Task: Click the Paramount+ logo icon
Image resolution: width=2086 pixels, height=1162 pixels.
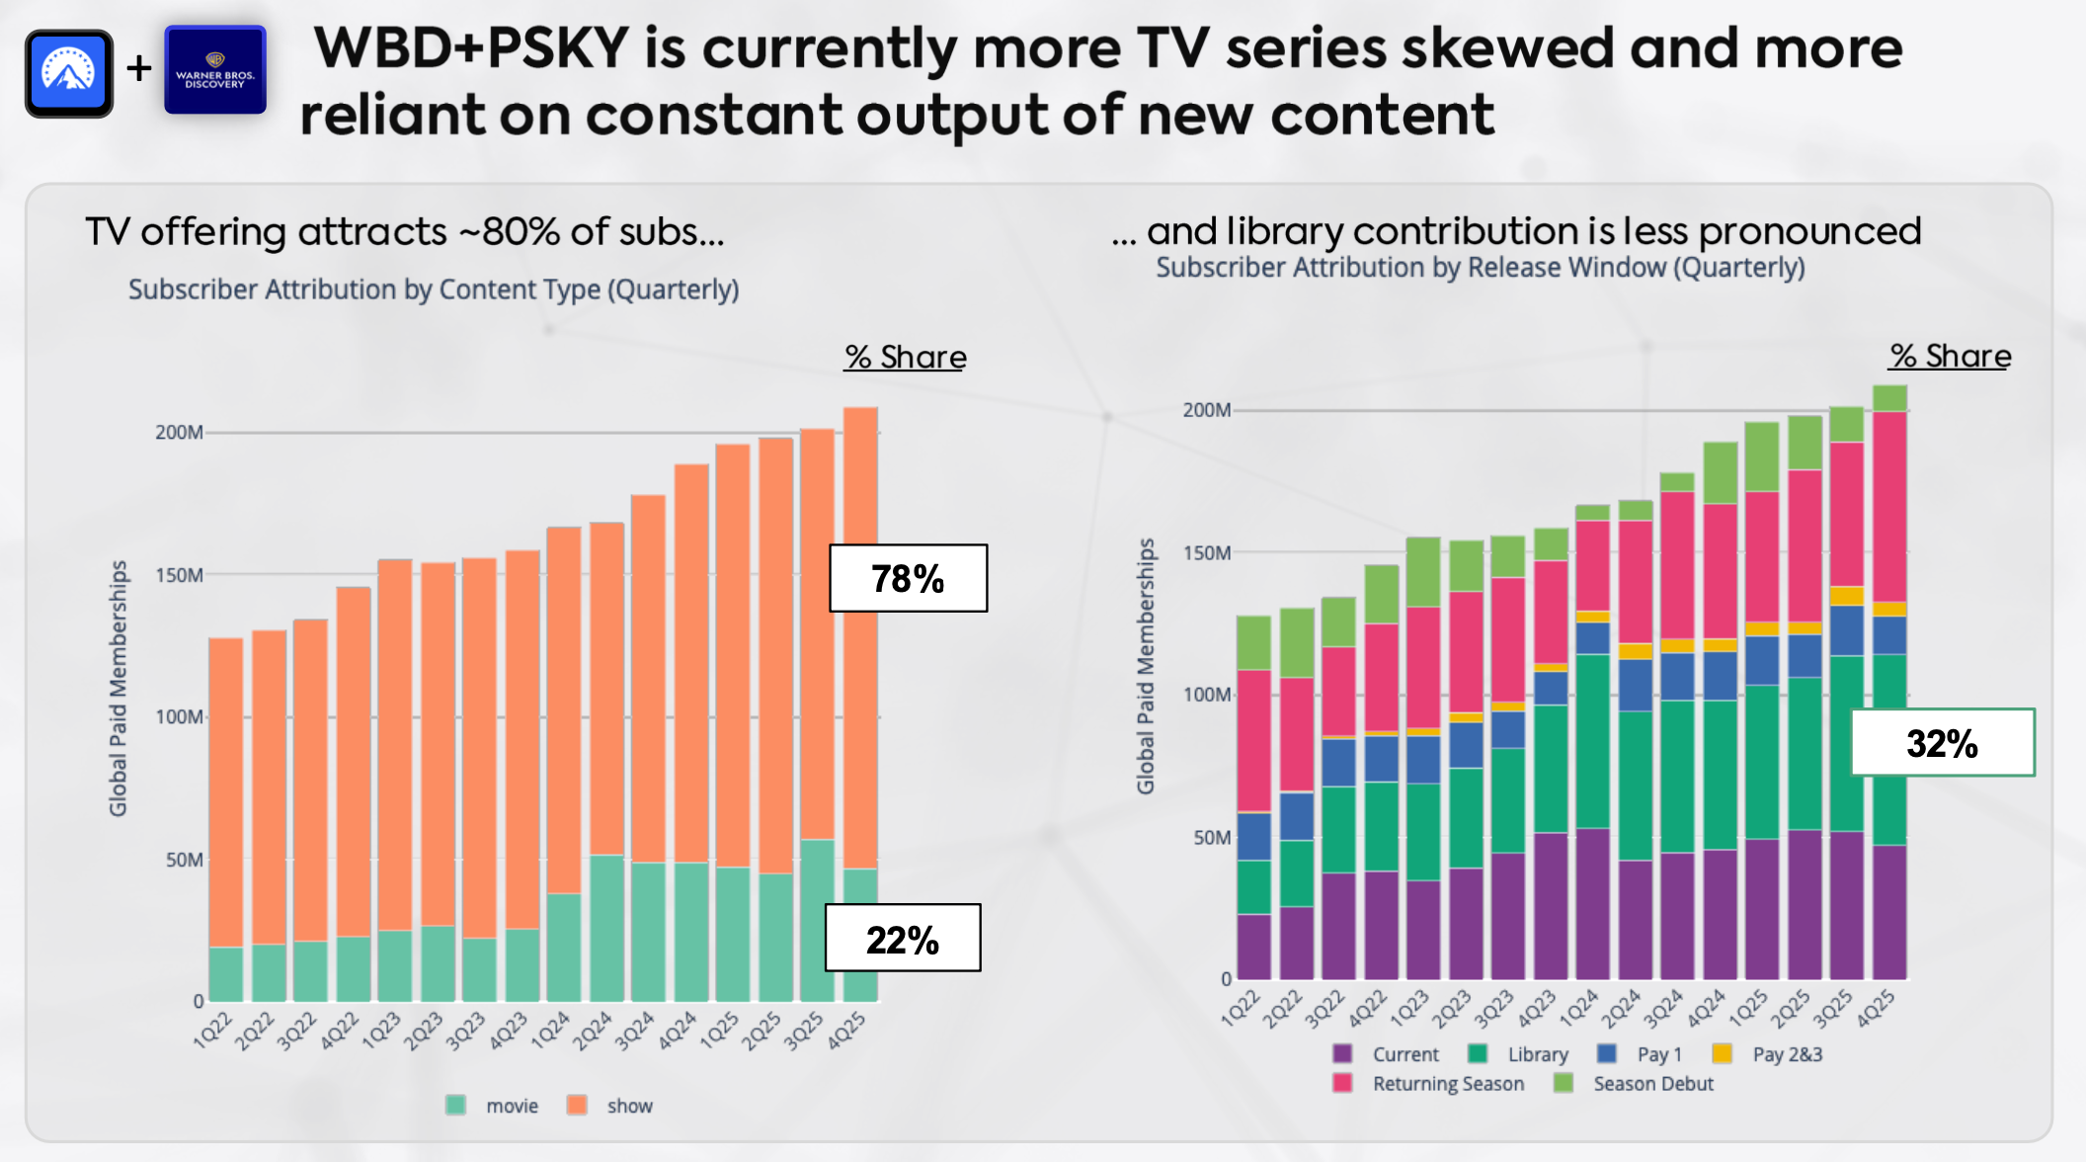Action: pyautogui.click(x=69, y=73)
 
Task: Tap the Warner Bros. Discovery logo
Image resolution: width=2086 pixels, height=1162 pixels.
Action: pyautogui.click(x=215, y=70)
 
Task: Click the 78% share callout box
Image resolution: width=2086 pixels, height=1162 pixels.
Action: pyautogui.click(x=908, y=578)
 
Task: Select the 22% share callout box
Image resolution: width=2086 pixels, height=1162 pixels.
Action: pyautogui.click(x=903, y=938)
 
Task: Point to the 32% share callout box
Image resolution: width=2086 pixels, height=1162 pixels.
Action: pyautogui.click(x=1942, y=742)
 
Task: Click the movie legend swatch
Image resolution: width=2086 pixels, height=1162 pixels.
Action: pyautogui.click(x=455, y=1105)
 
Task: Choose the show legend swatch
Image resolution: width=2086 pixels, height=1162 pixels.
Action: pyautogui.click(x=577, y=1105)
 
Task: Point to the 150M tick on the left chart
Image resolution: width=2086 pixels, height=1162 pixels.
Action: pyautogui.click(x=179, y=575)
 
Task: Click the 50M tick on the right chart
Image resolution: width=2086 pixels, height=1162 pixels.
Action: pyautogui.click(x=1212, y=838)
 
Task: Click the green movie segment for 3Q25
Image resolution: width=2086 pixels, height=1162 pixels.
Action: pyautogui.click(x=817, y=919)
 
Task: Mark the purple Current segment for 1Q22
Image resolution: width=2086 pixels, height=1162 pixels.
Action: pyautogui.click(x=1253, y=947)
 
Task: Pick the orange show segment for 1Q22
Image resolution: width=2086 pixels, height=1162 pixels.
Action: pyautogui.click(x=226, y=790)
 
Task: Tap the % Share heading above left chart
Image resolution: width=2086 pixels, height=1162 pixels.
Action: pyautogui.click(x=905, y=357)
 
